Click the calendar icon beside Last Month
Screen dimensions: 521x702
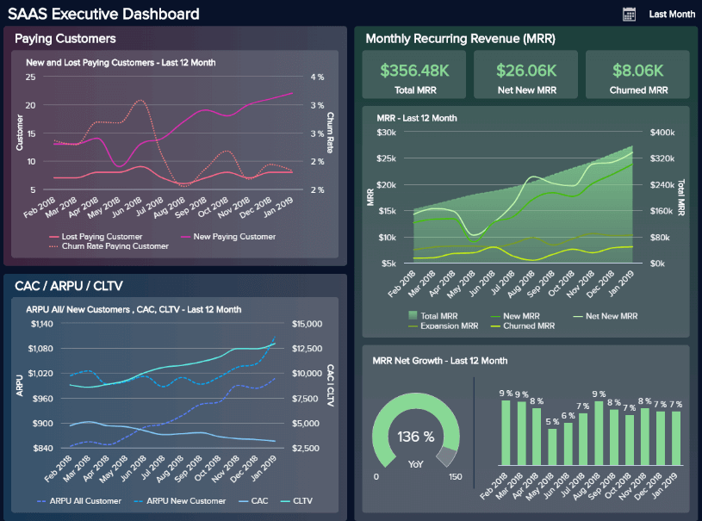tap(629, 14)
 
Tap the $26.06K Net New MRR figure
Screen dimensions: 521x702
tap(525, 71)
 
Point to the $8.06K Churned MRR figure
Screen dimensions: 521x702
tap(637, 71)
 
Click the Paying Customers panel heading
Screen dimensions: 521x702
tap(65, 39)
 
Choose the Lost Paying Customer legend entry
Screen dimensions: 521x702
tap(102, 236)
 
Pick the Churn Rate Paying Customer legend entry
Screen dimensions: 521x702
tap(115, 246)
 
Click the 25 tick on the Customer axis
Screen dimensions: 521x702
tap(30, 78)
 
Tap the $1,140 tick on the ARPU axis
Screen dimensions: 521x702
tap(41, 324)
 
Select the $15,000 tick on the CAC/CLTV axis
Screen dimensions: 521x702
tap(307, 324)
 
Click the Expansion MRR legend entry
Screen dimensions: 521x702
tap(450, 326)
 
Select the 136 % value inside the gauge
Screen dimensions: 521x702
tap(416, 437)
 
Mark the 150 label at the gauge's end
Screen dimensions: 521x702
tap(456, 477)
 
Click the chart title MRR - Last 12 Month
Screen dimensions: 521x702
tap(417, 118)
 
